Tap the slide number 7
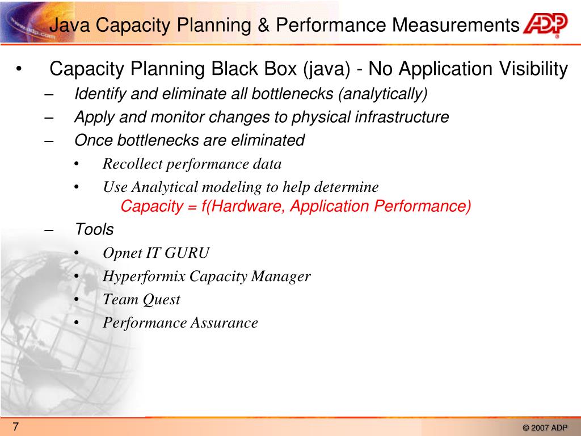pyautogui.click(x=16, y=427)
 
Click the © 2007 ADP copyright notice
pyautogui.click(x=544, y=428)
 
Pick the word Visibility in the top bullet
pyautogui.click(x=533, y=69)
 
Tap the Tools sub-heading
pyautogui.click(x=94, y=230)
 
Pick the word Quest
pyautogui.click(x=161, y=300)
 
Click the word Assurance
pyautogui.click(x=224, y=323)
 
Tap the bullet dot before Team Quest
pyautogui.click(x=77, y=300)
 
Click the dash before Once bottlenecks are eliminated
pyautogui.click(x=49, y=141)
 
